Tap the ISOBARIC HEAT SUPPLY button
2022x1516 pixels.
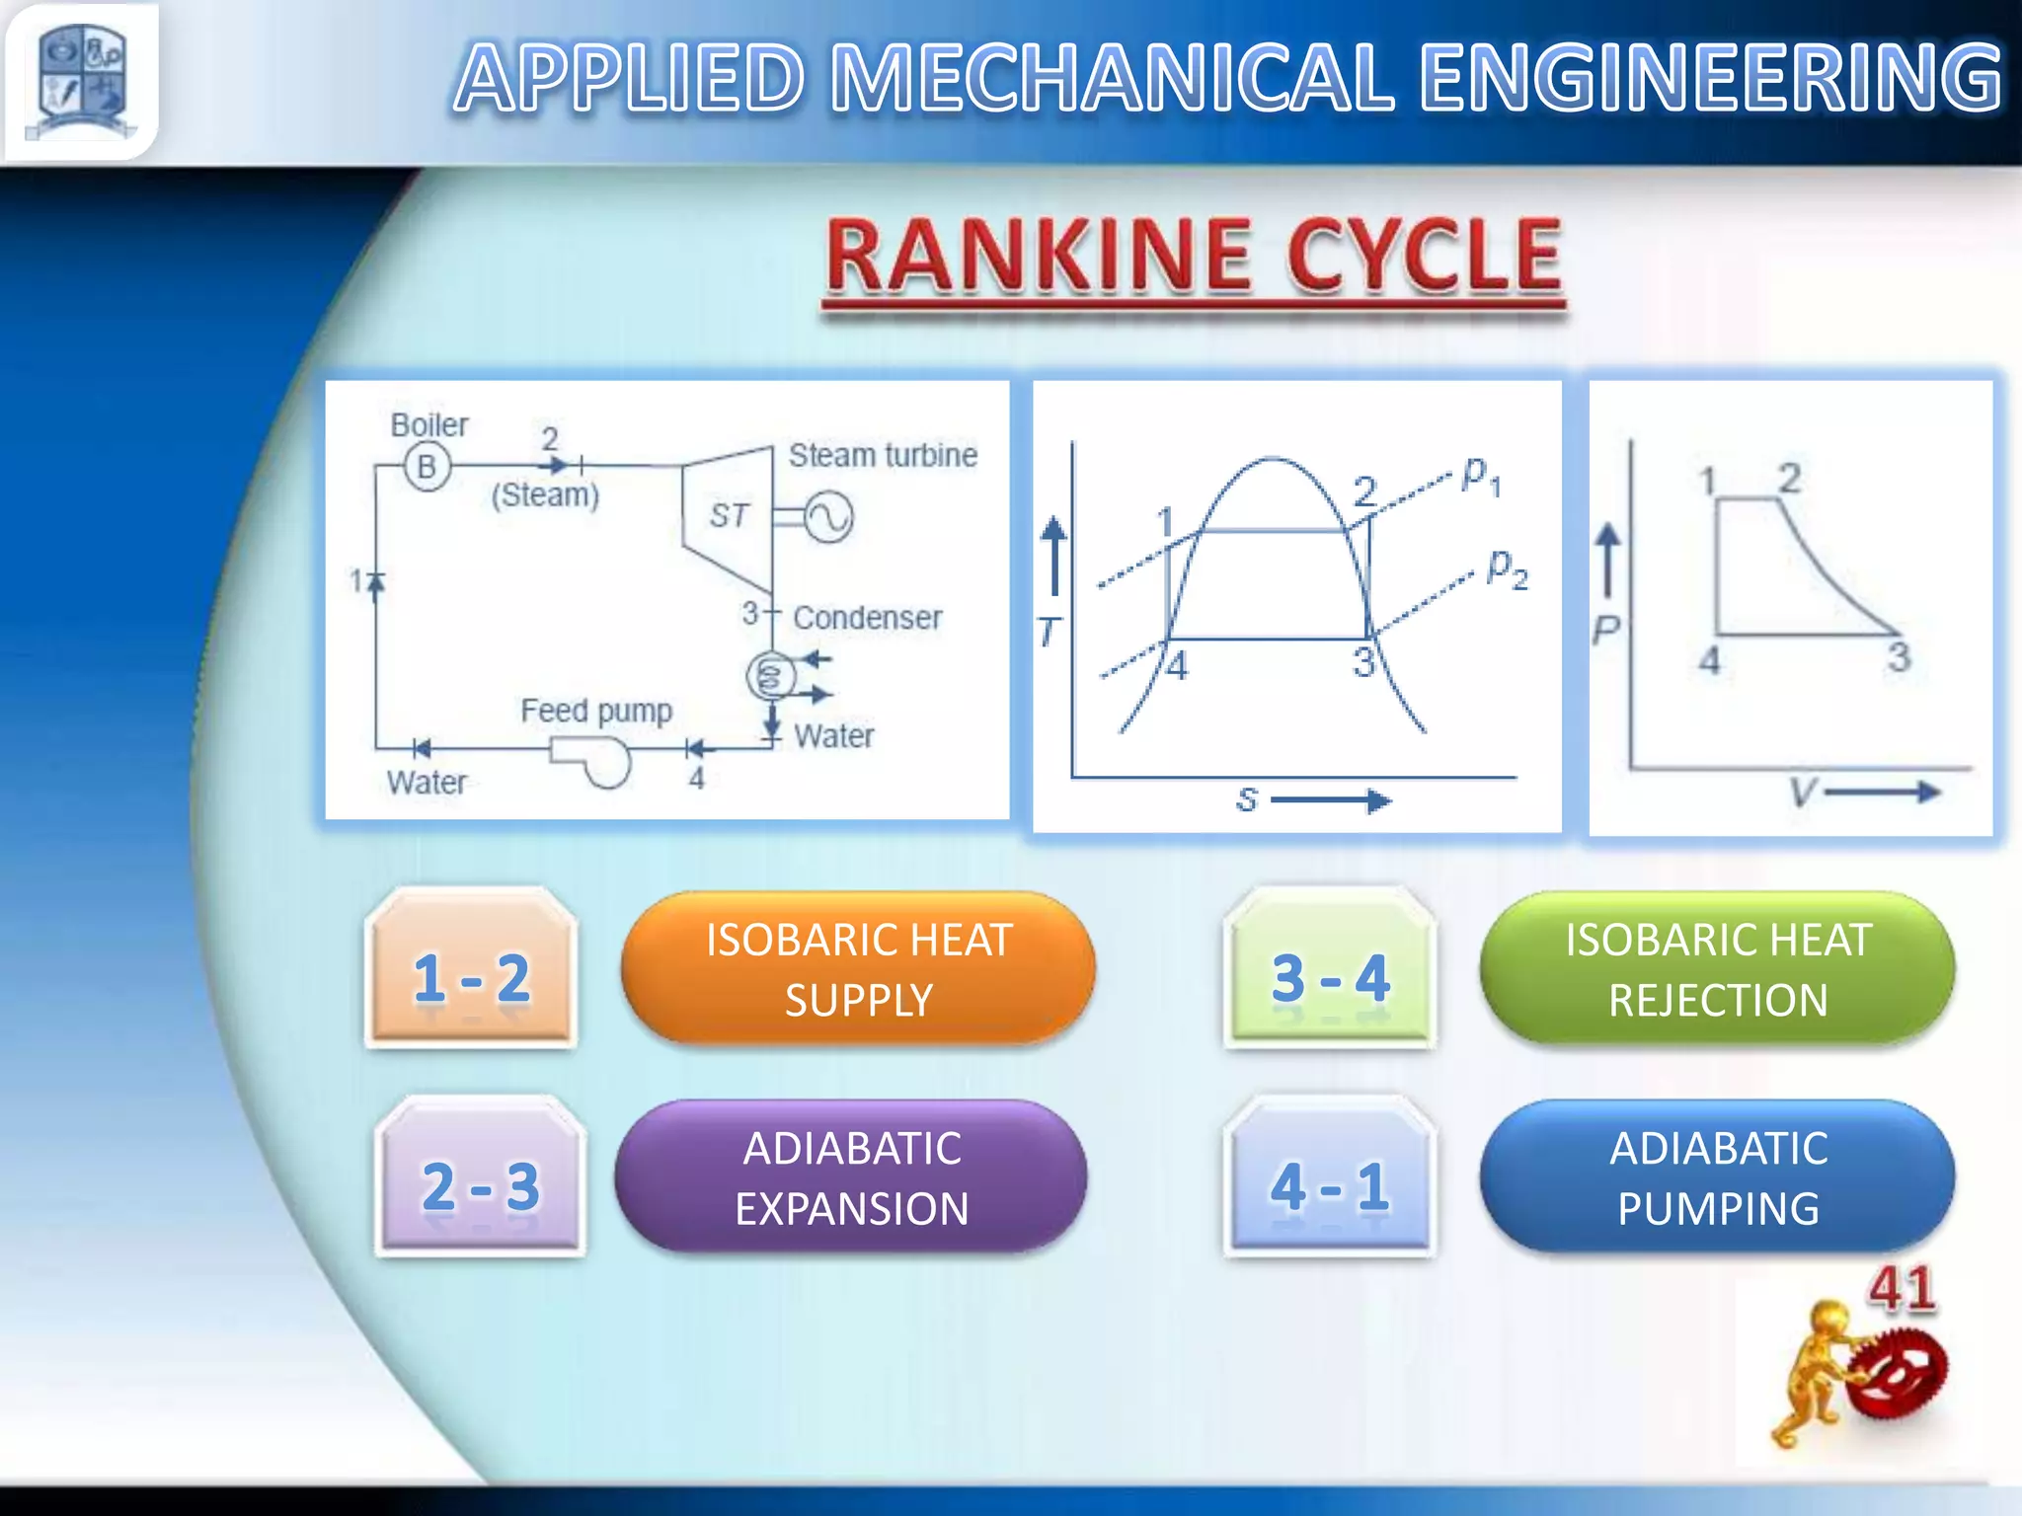pos(858,969)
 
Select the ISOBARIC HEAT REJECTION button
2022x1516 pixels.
pos(1717,969)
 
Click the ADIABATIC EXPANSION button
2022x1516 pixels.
pos(851,1177)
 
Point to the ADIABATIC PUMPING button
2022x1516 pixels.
pos(1717,1177)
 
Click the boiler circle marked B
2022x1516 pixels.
pos(428,466)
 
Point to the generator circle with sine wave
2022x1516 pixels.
pos(827,517)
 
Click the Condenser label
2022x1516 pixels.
pos(867,618)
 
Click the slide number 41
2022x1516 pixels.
pos(1902,1288)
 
